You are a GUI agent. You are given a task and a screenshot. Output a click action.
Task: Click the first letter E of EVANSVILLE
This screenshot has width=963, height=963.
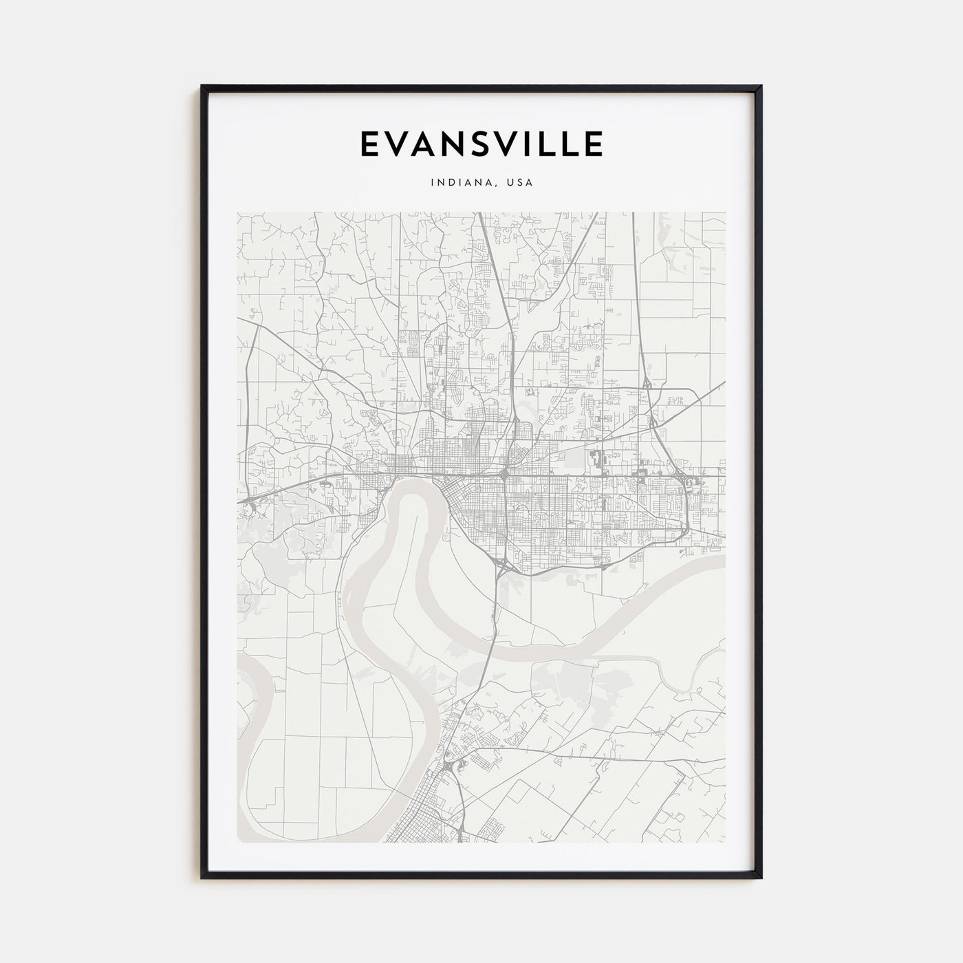click(x=369, y=144)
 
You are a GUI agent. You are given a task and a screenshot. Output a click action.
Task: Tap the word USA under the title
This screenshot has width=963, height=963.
click(x=520, y=183)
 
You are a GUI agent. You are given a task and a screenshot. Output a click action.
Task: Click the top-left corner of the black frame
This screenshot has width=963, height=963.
click(x=202, y=87)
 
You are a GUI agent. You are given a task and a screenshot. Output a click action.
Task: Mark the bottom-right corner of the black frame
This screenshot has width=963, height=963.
click(x=761, y=878)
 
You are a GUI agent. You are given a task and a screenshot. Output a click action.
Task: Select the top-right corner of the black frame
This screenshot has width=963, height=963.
click(x=761, y=87)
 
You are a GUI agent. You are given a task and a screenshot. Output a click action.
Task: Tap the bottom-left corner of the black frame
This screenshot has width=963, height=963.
click(x=202, y=878)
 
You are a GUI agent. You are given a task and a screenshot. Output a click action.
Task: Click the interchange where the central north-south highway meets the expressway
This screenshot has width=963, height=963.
click(x=506, y=474)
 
